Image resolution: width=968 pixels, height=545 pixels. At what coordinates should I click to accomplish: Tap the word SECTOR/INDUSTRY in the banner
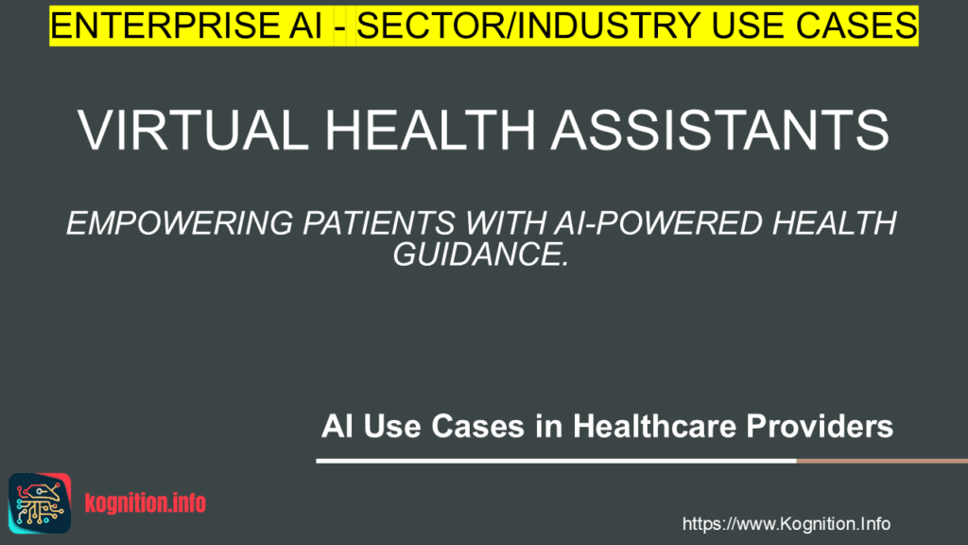coord(528,26)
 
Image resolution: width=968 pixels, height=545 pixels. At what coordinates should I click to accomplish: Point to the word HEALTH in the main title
coord(430,131)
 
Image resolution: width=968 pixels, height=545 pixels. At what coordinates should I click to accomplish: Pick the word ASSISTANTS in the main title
coord(719,131)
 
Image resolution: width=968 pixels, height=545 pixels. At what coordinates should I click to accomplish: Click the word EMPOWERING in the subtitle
coord(180,223)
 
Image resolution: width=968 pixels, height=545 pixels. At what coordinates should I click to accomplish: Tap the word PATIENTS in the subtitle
coord(378,223)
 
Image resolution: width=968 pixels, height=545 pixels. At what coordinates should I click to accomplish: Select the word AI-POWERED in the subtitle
coord(658,223)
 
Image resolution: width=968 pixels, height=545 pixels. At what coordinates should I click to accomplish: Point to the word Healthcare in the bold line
coord(654,427)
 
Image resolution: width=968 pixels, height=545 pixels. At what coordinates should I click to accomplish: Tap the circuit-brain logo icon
coord(40,503)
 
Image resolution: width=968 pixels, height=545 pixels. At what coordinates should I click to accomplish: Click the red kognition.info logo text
coord(145,503)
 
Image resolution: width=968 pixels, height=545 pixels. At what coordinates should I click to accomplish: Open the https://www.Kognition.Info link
coord(786,524)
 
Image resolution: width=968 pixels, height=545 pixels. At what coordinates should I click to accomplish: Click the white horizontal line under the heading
coord(556,461)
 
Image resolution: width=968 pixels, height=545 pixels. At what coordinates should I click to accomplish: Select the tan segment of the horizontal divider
coord(882,461)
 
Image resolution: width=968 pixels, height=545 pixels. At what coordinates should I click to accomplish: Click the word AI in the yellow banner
coord(305,26)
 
